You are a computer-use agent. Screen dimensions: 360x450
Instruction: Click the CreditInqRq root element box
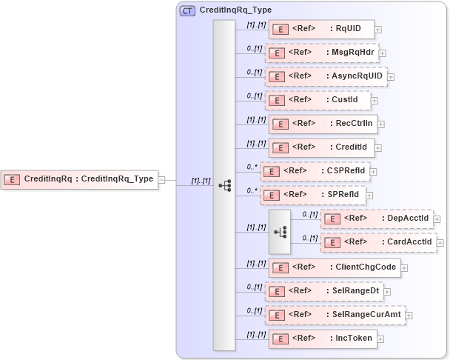[x=80, y=179]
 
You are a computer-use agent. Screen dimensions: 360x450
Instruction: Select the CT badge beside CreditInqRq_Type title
[x=188, y=10]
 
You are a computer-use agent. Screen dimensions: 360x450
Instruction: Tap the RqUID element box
[x=320, y=30]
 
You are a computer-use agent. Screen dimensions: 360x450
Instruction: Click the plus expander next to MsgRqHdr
[x=383, y=53]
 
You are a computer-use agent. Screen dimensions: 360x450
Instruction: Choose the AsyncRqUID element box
[x=326, y=76]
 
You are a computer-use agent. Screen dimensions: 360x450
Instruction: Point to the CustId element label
[x=343, y=100]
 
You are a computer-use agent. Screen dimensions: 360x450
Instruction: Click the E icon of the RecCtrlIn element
[x=280, y=124]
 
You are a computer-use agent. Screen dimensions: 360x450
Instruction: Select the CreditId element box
[x=320, y=147]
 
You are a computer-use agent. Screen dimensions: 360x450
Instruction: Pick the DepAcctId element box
[x=376, y=219]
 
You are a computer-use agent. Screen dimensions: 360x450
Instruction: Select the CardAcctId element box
[x=378, y=242]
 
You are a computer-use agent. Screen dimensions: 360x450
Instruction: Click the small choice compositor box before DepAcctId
[x=280, y=230]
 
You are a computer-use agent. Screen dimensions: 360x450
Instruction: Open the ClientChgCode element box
[x=334, y=267]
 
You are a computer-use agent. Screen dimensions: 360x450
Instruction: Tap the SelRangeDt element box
[x=324, y=291]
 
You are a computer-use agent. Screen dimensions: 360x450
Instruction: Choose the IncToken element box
[x=322, y=339]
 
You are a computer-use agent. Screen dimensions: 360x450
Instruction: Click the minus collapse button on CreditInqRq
[x=161, y=179]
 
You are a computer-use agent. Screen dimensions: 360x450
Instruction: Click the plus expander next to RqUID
[x=378, y=30]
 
